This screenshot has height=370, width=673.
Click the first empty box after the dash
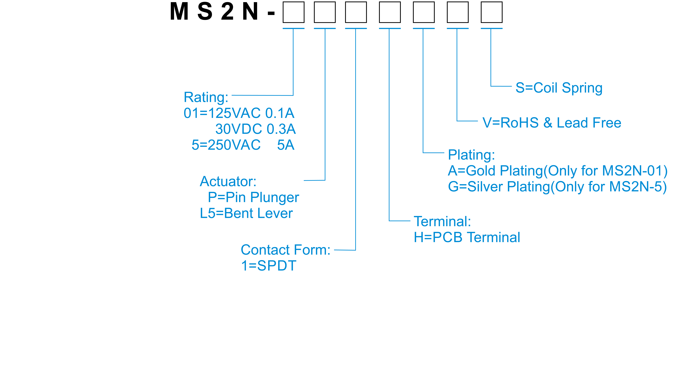(x=293, y=12)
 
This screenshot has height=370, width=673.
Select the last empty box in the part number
(x=491, y=12)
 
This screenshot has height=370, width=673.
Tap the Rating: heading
(x=206, y=97)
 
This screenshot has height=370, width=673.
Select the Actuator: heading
(x=228, y=181)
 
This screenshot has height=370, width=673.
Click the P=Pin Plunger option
(x=253, y=197)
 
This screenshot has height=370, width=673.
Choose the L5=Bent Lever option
(x=246, y=213)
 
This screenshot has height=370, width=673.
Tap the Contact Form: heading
(x=285, y=250)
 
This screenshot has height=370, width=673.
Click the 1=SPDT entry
(x=269, y=266)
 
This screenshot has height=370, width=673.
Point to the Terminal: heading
(x=442, y=222)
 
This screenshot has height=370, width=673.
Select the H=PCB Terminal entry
(x=467, y=238)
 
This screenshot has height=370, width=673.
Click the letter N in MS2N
(x=250, y=12)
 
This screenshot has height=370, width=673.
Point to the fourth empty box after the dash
(x=390, y=12)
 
